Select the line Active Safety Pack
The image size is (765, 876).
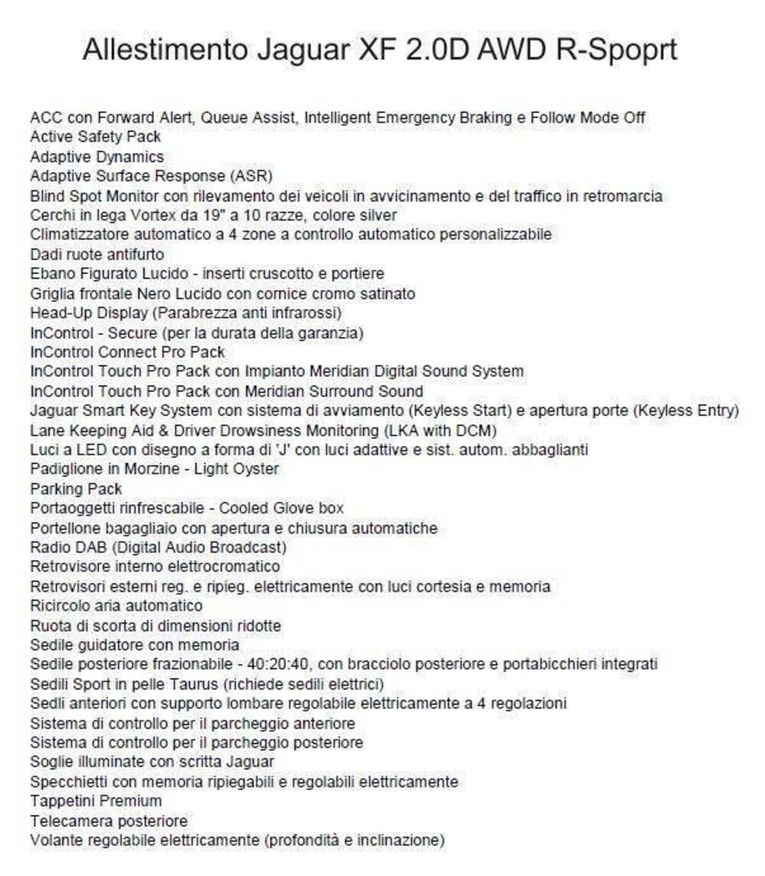[96, 138]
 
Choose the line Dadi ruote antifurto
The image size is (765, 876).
[97, 255]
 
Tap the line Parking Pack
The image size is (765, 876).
[76, 488]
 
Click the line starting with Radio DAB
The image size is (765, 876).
[158, 547]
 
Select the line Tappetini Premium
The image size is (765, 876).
[96, 801]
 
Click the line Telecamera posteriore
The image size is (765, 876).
[109, 821]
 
